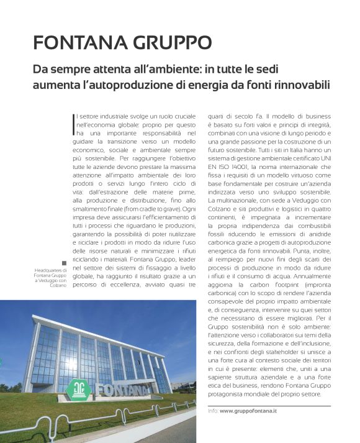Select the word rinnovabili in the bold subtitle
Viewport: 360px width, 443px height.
(302, 84)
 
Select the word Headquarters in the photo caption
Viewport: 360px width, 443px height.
(48, 286)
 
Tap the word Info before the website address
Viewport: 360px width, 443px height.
(213, 411)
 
